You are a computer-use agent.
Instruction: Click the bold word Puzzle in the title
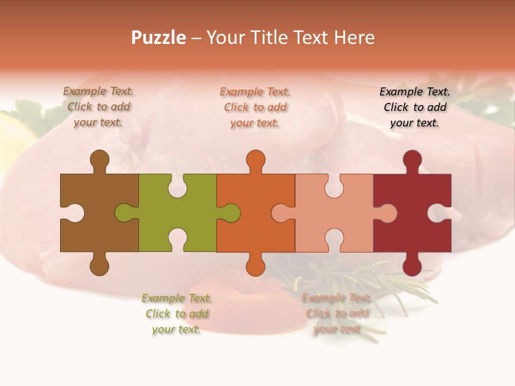pos(159,38)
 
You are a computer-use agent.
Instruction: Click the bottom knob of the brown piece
pos(99,265)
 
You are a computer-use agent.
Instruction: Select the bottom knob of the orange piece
pos(255,265)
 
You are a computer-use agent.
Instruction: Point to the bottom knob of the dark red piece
pos(412,265)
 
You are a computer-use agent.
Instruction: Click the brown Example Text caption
pos(99,107)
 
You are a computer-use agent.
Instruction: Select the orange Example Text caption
pos(255,107)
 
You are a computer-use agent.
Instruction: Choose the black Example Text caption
pos(415,107)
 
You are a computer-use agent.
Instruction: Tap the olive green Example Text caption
pos(176,314)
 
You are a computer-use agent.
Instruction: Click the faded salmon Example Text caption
pos(337,314)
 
